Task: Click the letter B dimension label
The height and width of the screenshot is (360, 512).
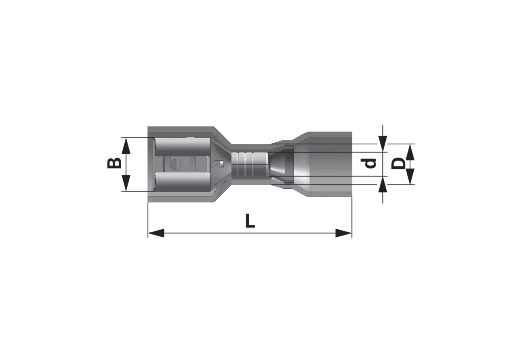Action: pyautogui.click(x=114, y=163)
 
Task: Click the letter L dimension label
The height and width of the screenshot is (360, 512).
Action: pyautogui.click(x=250, y=221)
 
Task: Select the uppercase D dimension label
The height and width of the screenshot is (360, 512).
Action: pyautogui.click(x=398, y=164)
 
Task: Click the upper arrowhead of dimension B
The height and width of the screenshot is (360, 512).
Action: pyautogui.click(x=126, y=146)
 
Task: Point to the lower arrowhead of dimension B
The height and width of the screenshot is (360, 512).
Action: pyautogui.click(x=126, y=183)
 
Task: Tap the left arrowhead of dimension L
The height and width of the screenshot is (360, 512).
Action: pyautogui.click(x=156, y=233)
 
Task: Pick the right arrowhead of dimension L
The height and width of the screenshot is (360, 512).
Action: pyautogui.click(x=344, y=233)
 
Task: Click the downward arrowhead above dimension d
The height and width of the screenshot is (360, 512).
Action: pyautogui.click(x=383, y=144)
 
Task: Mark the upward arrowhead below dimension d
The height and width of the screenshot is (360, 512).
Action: pyautogui.click(x=383, y=184)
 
